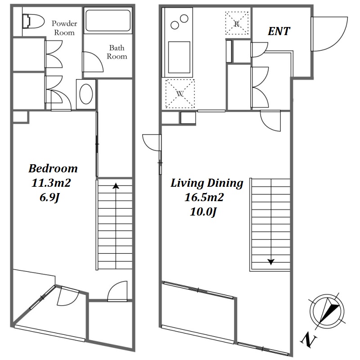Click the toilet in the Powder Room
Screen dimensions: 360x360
33,21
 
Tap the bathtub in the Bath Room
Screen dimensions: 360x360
108,20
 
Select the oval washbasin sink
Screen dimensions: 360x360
86,94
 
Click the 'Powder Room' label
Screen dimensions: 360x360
64,28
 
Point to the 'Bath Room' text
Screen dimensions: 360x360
117,52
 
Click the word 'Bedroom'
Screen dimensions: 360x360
53,168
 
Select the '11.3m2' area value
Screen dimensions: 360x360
51,183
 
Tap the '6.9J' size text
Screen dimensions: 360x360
50,198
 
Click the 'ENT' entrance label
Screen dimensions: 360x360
279,31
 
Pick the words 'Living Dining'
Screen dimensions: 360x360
207,183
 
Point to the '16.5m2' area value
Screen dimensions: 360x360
204,197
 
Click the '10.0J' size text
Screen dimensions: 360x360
203,211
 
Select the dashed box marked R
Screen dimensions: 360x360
237,23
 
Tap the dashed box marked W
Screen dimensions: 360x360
180,94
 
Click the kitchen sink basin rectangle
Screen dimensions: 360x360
179,57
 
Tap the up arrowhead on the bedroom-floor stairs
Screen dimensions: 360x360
116,186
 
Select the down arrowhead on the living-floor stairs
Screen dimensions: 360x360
271,262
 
